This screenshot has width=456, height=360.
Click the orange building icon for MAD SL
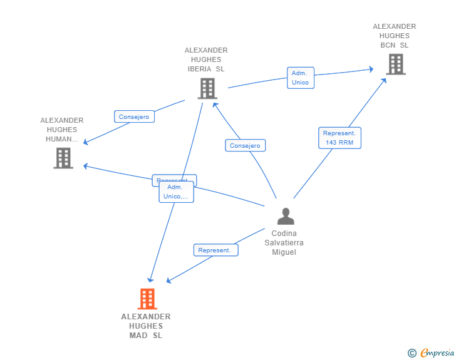[x=147, y=299]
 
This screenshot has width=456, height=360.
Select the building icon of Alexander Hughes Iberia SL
[x=207, y=88]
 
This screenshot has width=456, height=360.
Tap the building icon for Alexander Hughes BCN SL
[x=395, y=64]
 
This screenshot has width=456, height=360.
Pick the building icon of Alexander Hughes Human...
[x=63, y=158]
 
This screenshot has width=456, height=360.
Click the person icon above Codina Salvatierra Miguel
[x=286, y=216]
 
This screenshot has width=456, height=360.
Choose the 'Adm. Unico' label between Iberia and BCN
[x=300, y=78]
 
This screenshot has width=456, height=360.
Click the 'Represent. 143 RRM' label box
[x=339, y=138]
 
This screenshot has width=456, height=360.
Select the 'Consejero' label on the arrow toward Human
[x=134, y=116]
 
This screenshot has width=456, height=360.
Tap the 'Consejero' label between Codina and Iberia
[x=245, y=145]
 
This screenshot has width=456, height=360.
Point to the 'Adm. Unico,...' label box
[x=176, y=192]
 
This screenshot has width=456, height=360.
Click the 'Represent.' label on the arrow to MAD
[x=214, y=250]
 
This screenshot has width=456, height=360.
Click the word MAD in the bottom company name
[x=139, y=336]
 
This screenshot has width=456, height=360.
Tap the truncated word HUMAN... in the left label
[x=62, y=139]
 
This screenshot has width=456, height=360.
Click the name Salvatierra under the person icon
[x=284, y=243]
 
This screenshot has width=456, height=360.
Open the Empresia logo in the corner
[x=437, y=353]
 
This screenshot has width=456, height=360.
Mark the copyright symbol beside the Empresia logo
[x=412, y=353]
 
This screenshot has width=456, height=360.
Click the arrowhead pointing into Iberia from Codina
[x=216, y=103]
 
